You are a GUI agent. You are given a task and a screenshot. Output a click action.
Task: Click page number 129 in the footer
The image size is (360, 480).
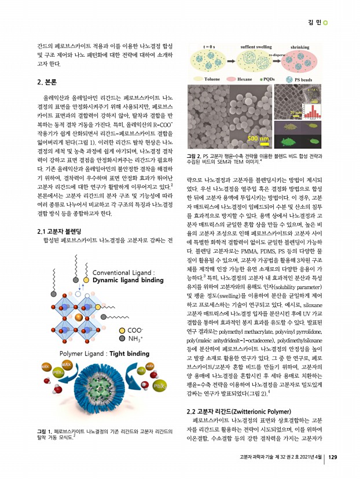pos(332,457)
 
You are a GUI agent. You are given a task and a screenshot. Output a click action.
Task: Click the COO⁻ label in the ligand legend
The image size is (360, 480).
pos(137,313)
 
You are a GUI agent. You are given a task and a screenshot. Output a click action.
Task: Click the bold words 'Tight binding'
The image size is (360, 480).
pos(122,337)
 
